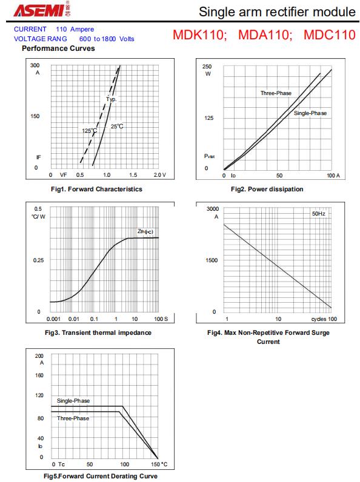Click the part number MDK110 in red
[x=199, y=35]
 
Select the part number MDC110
[x=330, y=35]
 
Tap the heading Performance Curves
[x=58, y=48]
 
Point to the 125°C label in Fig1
[x=90, y=131]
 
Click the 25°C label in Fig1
[x=117, y=127]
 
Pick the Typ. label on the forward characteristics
[x=112, y=99]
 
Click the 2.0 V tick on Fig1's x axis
[x=159, y=175]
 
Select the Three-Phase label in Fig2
[x=276, y=93]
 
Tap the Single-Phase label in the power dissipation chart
[x=310, y=113]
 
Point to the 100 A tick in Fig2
[x=333, y=176]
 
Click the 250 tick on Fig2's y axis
[x=207, y=67]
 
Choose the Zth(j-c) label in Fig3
[x=145, y=231]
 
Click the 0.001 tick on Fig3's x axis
[x=53, y=319]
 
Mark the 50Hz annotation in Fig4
[x=318, y=214]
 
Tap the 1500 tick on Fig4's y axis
[x=212, y=260]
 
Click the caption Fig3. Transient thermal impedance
[x=98, y=332]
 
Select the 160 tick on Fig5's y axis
[x=39, y=375]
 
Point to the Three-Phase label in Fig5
[x=73, y=418]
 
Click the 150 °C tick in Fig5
[x=159, y=464]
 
